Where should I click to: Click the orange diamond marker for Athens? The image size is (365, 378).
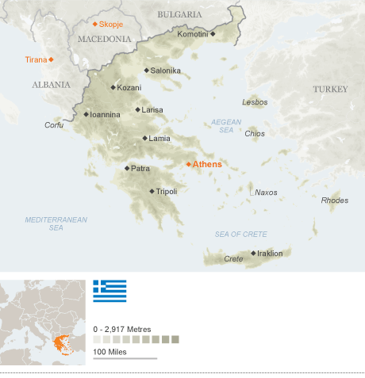pos(188,164)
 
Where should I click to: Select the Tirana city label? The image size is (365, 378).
pos(35,59)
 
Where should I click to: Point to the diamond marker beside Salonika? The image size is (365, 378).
pos(146,71)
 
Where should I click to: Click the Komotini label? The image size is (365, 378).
pos(193,34)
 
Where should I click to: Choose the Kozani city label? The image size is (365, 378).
pos(129,87)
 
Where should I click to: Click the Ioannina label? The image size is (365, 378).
pos(106,114)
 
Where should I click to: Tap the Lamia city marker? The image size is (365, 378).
pos(144,139)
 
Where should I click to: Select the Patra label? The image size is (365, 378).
pos(140,168)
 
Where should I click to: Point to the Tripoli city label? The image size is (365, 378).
pos(167,191)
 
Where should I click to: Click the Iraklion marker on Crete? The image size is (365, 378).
pos(253,254)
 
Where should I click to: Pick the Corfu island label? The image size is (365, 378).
pos(54,125)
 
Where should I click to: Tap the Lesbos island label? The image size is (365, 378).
pos(255,102)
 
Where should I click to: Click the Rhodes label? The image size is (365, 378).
pos(334,200)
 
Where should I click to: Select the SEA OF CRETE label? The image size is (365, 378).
pos(240,234)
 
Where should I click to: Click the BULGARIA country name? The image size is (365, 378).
pos(179,14)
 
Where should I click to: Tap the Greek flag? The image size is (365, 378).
pos(109,291)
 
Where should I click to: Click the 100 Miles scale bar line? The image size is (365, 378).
pos(125,358)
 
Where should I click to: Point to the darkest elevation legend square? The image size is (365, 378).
pos(175,339)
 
